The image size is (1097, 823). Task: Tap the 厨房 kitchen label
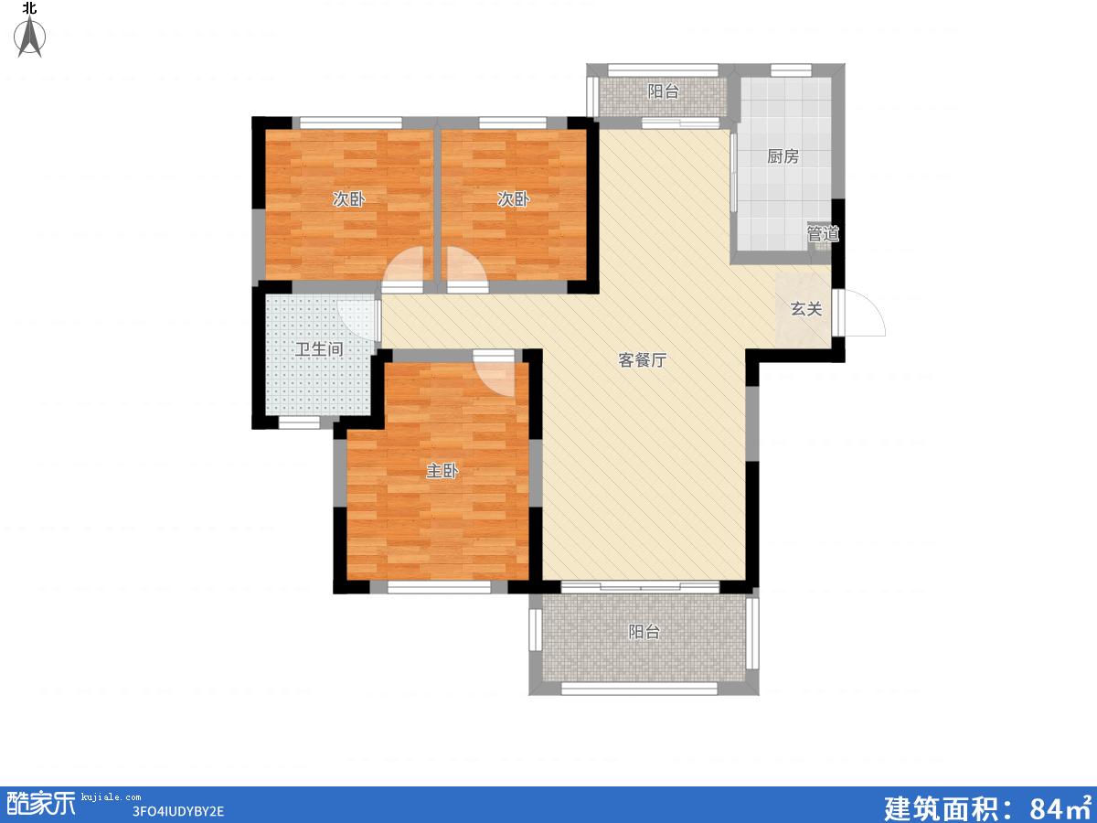tap(783, 156)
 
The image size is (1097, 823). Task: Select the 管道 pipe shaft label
tap(823, 233)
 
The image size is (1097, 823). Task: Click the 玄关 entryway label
tap(806, 309)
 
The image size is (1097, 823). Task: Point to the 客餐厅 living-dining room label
tap(643, 359)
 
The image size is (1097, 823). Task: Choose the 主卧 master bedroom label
tap(442, 471)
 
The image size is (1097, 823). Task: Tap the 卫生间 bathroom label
tap(319, 348)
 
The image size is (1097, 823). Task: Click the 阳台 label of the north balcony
tap(663, 91)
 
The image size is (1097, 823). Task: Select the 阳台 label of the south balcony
tap(644, 632)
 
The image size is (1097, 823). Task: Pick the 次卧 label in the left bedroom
tap(349, 199)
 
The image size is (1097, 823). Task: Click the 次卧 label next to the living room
tap(513, 199)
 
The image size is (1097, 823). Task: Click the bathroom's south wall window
tap(299, 422)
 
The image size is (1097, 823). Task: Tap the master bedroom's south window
tap(439, 587)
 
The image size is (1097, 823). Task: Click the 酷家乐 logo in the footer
tap(39, 804)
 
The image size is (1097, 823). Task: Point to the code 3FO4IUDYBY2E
tap(178, 811)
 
